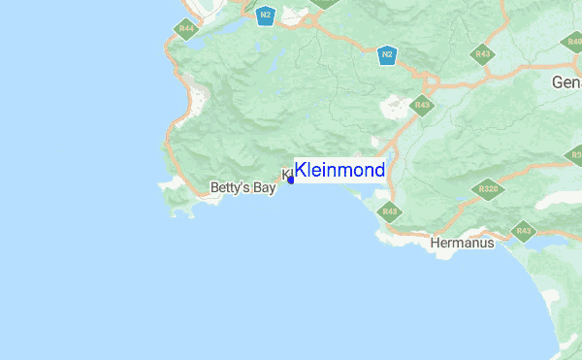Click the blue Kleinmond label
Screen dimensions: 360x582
339,171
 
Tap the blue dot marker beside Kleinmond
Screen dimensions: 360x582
290,180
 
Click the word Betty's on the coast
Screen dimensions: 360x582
230,188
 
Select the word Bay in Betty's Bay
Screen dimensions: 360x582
264,188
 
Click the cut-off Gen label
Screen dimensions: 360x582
566,82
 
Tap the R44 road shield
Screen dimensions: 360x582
186,29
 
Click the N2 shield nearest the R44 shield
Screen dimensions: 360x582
265,16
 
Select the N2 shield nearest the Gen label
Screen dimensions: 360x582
387,54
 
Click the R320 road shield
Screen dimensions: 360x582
488,189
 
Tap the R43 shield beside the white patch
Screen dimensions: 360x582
421,105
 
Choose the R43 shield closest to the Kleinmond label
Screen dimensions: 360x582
389,211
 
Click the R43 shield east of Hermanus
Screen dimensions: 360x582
524,231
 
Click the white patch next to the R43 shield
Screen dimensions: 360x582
398,105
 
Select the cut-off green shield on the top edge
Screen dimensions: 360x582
325,3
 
